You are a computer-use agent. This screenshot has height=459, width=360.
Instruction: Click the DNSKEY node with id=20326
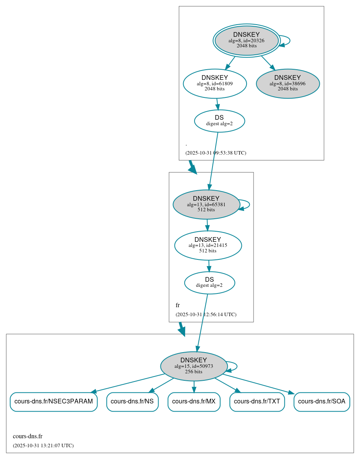[247, 40]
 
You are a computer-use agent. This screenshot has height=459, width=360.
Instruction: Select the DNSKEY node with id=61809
[214, 83]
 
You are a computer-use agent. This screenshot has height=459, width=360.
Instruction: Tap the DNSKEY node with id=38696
[288, 83]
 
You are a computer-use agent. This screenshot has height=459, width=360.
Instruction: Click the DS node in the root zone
[219, 121]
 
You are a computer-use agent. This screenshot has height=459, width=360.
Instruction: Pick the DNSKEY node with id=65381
[206, 204]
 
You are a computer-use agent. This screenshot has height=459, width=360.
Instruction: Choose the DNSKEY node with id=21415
[208, 245]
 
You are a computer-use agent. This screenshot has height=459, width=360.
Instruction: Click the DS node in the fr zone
[209, 283]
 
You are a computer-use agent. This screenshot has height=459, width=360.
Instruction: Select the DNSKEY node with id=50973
[194, 366]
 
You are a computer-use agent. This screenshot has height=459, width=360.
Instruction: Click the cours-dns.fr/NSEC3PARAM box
[54, 401]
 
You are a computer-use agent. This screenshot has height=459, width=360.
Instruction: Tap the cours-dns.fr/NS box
[132, 401]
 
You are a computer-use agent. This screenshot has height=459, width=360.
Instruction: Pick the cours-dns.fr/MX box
[194, 401]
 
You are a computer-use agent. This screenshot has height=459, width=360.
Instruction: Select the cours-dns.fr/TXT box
[257, 401]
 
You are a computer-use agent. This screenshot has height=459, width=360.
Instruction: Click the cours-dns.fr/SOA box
[322, 401]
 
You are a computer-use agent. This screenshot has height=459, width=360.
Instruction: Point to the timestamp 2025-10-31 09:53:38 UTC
[216, 153]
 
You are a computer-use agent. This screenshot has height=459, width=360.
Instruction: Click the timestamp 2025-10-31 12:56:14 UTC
[206, 315]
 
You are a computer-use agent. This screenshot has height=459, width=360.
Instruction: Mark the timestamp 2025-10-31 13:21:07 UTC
[43, 446]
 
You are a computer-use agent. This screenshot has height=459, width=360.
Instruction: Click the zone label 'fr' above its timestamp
[178, 305]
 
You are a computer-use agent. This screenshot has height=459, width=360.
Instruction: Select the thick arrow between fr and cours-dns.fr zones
[181, 328]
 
